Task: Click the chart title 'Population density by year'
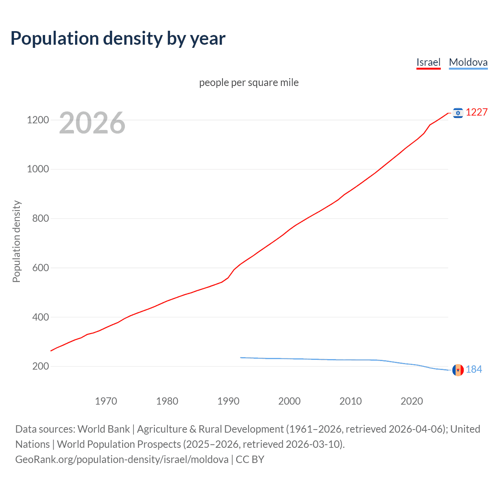pos(118,39)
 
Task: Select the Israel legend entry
pos(428,62)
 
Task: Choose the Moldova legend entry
pos(468,62)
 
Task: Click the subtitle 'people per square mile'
pos(249,82)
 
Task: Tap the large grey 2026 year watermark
pos(92,123)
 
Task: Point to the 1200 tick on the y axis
pos(38,120)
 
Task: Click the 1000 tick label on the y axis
pos(38,169)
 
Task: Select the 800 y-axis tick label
pos(40,218)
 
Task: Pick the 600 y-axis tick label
pos(40,268)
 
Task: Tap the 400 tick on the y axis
pos(40,317)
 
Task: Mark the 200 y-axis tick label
pos(40,366)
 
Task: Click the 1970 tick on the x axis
pos(106,401)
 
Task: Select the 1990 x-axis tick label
pos(228,401)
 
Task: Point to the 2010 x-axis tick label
pos(351,401)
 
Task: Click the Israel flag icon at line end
pos(458,113)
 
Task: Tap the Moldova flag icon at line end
pos(458,370)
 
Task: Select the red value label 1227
pos(477,112)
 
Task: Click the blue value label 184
pos(474,369)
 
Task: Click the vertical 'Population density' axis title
pos(16,241)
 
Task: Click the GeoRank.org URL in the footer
pos(122,459)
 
